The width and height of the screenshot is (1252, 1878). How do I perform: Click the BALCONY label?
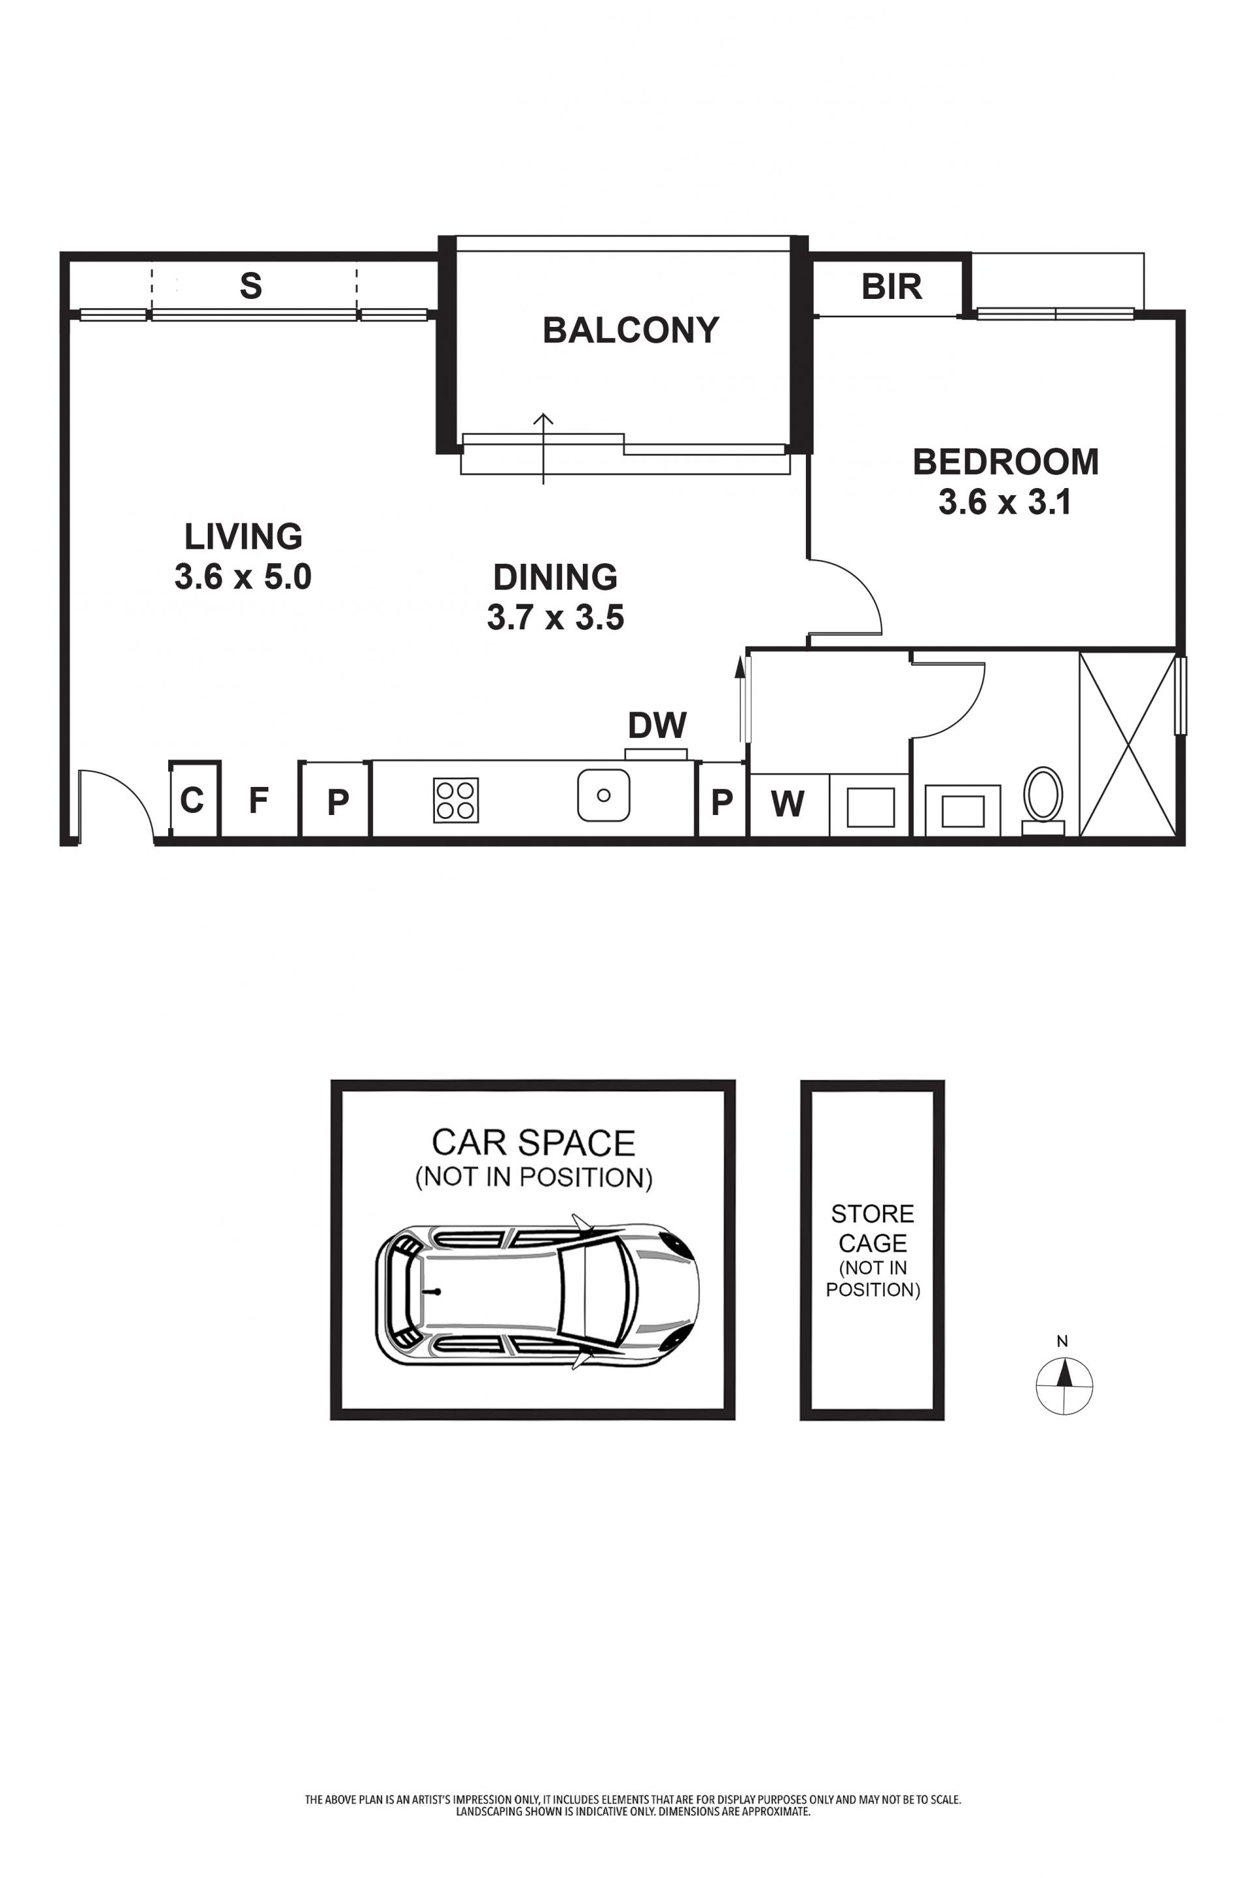631,330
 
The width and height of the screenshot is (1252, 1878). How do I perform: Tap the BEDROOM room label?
1006,462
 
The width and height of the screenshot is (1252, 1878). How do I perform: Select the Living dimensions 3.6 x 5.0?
243,577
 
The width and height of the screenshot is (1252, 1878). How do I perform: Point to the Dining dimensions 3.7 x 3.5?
556,617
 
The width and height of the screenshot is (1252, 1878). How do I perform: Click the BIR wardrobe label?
892,286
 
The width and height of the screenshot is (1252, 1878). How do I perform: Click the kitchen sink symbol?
604,795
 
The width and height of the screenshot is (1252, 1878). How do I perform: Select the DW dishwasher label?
657,726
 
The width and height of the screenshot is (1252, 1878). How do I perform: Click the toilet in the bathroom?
1043,801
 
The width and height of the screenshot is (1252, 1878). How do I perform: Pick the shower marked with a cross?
1127,745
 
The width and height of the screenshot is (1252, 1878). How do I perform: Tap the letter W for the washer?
788,804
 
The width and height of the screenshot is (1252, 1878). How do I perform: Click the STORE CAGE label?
872,1229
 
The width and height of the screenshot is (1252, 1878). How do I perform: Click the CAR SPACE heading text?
533,1143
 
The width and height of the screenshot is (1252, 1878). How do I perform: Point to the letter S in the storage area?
250,286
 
